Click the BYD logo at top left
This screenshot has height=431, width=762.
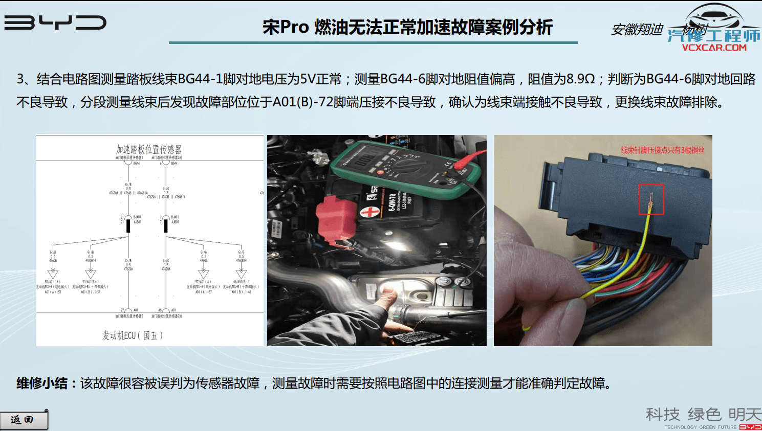pos(55,23)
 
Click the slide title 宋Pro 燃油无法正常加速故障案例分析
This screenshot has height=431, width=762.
pos(407,27)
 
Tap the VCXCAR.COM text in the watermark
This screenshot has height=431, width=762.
pos(714,48)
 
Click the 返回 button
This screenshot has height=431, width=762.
pos(24,420)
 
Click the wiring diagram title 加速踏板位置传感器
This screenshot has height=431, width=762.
pos(148,149)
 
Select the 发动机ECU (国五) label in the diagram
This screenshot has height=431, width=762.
pos(133,335)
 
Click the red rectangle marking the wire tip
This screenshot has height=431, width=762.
pos(651,199)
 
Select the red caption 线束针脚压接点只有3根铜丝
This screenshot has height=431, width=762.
pos(663,150)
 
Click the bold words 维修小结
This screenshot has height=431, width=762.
pos(42,383)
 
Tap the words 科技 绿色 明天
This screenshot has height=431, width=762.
pos(703,414)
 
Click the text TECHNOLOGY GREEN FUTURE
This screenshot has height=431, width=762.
pos(700,427)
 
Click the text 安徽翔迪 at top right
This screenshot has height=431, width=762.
pos(637,30)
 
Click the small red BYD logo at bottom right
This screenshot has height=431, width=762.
pos(750,427)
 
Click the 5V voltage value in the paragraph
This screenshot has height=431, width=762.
pos(308,79)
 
